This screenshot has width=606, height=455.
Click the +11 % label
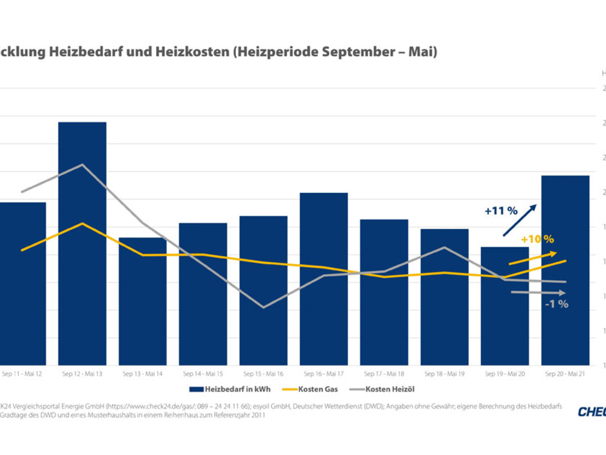502,210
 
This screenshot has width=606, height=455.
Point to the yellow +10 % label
537,238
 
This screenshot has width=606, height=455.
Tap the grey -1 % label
556,304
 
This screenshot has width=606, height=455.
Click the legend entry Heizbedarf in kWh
230,389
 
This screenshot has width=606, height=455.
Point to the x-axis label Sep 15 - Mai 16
263,374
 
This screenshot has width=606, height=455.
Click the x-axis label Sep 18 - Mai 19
444,374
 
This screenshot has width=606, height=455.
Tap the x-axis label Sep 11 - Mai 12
22,374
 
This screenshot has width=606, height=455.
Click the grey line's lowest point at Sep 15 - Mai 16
263,307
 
